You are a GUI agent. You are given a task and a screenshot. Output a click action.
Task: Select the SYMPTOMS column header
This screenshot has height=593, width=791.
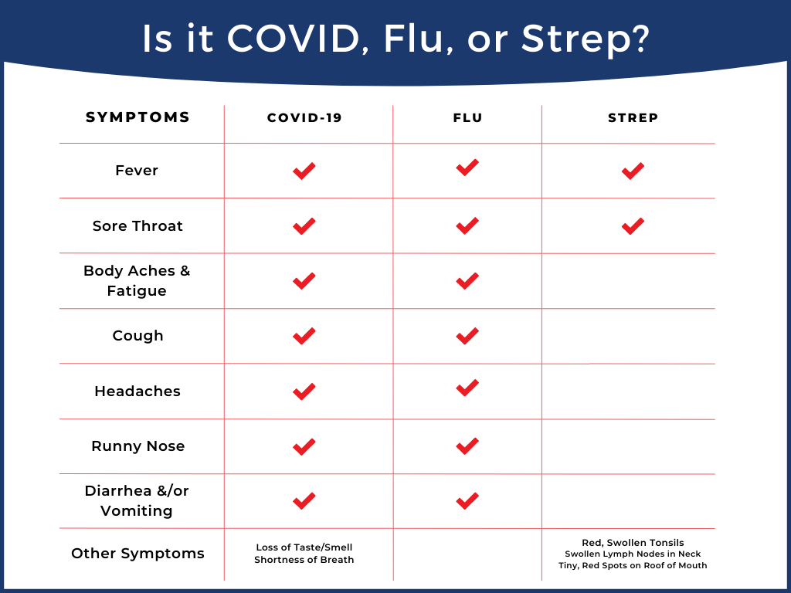137,118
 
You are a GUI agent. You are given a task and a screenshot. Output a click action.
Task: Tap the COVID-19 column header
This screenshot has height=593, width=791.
304,118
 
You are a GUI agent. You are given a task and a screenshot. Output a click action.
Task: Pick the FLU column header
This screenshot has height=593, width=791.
467,118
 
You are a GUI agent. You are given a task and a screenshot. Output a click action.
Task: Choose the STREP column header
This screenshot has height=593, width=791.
633,118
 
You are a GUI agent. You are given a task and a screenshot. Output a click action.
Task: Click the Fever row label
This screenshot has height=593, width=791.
137,171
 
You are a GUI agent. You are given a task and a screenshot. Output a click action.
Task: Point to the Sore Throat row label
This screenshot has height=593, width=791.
137,226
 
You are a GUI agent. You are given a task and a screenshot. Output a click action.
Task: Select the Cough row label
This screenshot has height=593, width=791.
137,336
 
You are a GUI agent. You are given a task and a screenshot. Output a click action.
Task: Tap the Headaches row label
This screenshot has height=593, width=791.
137,391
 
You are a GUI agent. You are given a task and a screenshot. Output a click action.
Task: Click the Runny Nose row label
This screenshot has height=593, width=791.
137,446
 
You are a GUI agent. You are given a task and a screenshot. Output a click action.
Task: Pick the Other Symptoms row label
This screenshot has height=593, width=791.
137,554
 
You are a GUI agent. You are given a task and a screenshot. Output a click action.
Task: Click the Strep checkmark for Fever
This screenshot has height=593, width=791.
633,171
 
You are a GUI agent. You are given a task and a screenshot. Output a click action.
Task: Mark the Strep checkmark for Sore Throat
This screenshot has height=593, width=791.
633,226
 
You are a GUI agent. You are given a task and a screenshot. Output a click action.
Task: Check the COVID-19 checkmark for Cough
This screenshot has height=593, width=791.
304,336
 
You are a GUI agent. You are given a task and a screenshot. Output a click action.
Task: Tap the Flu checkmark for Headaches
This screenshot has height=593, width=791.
467,388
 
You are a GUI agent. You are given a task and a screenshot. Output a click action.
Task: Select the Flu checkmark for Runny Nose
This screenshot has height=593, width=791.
467,446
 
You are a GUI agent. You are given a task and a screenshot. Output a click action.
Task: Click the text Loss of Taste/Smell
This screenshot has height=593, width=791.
304,547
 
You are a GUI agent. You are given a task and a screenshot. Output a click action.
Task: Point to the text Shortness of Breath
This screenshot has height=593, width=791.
304,560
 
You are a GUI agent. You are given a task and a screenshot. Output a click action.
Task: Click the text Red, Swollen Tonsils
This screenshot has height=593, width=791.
633,543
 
